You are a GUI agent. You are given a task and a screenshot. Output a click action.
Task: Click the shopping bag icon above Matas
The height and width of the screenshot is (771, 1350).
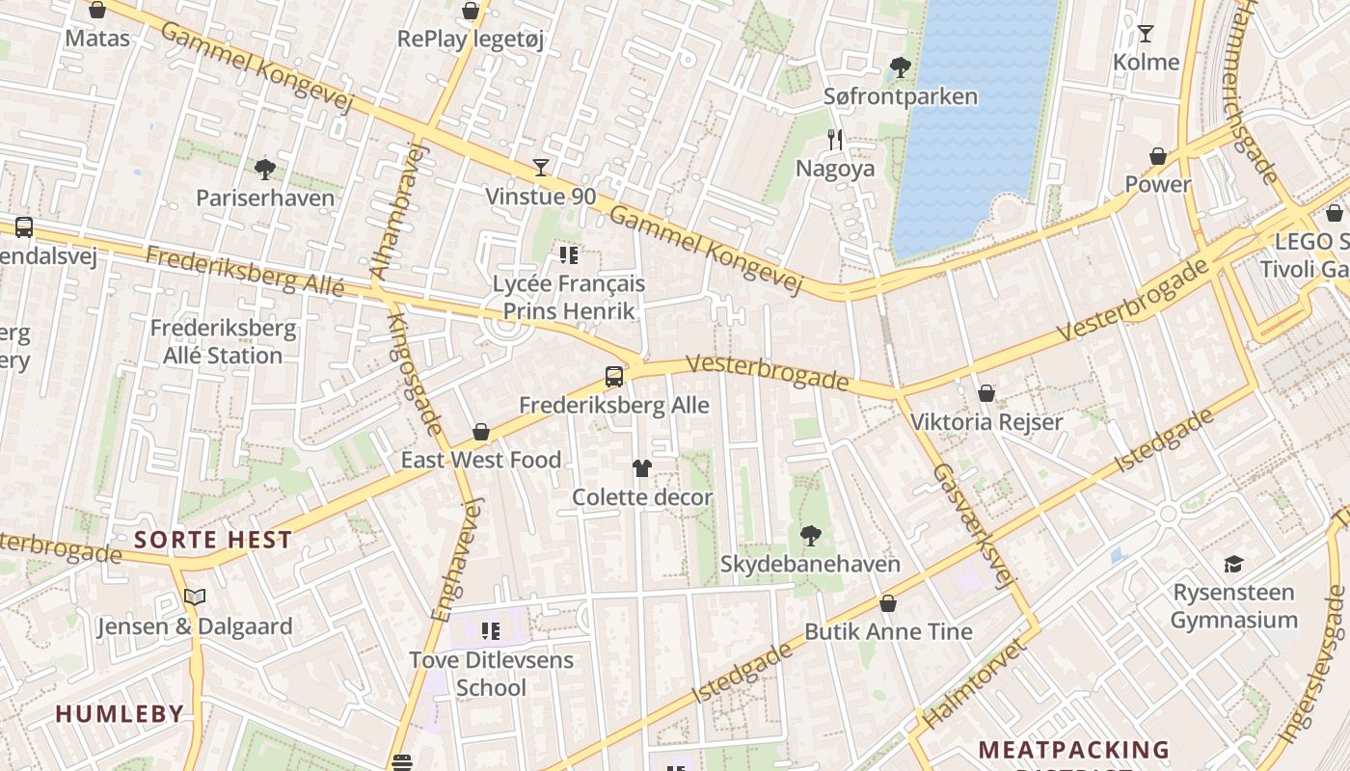[96, 11]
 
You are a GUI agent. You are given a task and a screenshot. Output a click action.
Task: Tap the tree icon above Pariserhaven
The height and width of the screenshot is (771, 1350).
[264, 170]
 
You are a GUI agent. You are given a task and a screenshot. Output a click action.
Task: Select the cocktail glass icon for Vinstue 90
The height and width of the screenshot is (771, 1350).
[540, 168]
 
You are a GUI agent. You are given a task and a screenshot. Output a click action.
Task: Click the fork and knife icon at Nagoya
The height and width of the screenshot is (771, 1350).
[835, 140]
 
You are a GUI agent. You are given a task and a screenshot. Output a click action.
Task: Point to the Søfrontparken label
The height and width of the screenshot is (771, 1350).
[900, 96]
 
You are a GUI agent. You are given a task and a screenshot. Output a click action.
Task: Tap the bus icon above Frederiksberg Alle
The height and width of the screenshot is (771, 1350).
[613, 377]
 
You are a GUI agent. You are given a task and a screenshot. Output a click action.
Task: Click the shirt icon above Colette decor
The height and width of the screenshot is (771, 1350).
[641, 468]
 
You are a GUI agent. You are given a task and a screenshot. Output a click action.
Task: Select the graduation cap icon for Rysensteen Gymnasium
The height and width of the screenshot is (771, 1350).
[1233, 564]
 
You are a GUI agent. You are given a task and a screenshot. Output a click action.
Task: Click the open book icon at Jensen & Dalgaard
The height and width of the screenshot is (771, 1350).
[195, 598]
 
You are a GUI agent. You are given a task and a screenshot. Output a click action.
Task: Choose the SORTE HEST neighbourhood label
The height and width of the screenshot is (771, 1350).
[213, 540]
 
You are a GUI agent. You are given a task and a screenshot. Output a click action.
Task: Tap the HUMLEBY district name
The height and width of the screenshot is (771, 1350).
[119, 714]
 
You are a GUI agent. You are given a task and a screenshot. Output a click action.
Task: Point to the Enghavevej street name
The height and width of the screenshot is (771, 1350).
[454, 559]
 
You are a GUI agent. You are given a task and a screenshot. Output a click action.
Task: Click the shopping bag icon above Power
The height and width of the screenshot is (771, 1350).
[1157, 156]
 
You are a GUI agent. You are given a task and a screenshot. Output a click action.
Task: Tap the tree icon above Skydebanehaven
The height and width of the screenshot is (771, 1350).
[810, 535]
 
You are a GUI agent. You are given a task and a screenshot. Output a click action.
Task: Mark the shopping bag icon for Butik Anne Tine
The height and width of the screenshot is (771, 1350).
[887, 603]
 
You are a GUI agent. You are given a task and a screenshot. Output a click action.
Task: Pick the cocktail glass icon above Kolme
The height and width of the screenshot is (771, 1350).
[1145, 34]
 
